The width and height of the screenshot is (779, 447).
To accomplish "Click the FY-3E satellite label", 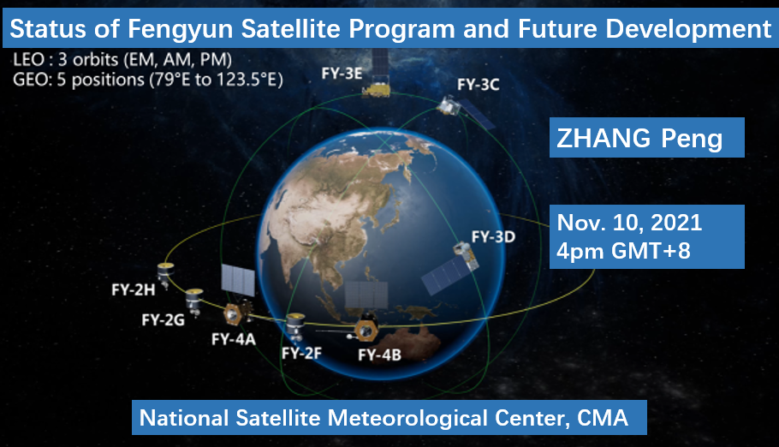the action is (342, 74).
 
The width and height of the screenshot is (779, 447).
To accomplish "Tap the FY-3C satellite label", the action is (478, 85).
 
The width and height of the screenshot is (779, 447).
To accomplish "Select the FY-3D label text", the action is (493, 236).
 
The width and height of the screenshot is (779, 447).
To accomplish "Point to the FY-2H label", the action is (134, 289).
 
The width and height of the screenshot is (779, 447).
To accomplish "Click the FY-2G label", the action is (163, 319).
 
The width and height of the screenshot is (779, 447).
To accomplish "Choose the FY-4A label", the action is (233, 339).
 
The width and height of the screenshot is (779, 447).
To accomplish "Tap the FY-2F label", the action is (301, 353).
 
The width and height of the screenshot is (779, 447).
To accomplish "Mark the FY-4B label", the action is (379, 355).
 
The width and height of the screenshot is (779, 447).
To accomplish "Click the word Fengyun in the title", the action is (181, 29).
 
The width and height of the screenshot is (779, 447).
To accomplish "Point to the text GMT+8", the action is (651, 251).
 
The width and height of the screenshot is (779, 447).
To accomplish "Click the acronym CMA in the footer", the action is (602, 418).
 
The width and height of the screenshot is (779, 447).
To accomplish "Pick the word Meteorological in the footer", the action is (407, 418).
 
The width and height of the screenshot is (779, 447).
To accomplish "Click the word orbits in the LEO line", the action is (95, 60).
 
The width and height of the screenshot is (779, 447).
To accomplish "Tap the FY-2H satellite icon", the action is (165, 273).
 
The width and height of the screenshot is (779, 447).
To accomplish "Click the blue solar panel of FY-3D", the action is (443, 275).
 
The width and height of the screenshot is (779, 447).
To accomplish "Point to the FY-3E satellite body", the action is (377, 87).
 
